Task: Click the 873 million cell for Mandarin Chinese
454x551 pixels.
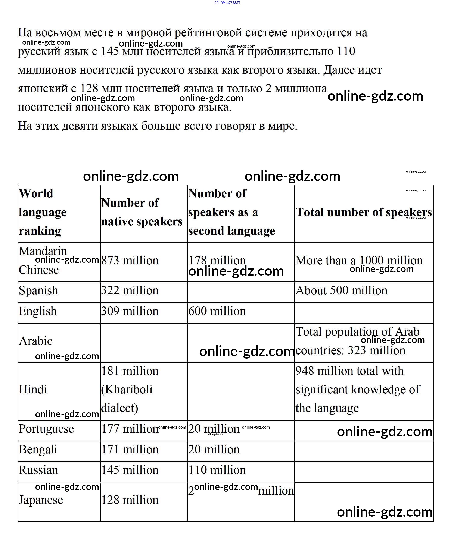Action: point(130,261)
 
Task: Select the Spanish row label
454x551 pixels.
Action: point(38,290)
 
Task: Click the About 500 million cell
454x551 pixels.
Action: point(341,290)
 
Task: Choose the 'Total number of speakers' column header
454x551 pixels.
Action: point(364,212)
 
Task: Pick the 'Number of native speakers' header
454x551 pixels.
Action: point(142,212)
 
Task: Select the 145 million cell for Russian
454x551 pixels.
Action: point(130,470)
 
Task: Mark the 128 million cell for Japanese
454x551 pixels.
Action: point(130,500)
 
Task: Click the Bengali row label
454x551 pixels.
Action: point(38,449)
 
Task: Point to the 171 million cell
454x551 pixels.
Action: point(130,449)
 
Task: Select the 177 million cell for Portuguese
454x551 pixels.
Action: point(130,429)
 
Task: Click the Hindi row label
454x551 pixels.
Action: point(33,389)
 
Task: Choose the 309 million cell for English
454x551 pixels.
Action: point(130,311)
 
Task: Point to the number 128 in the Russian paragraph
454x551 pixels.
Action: point(89,89)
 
